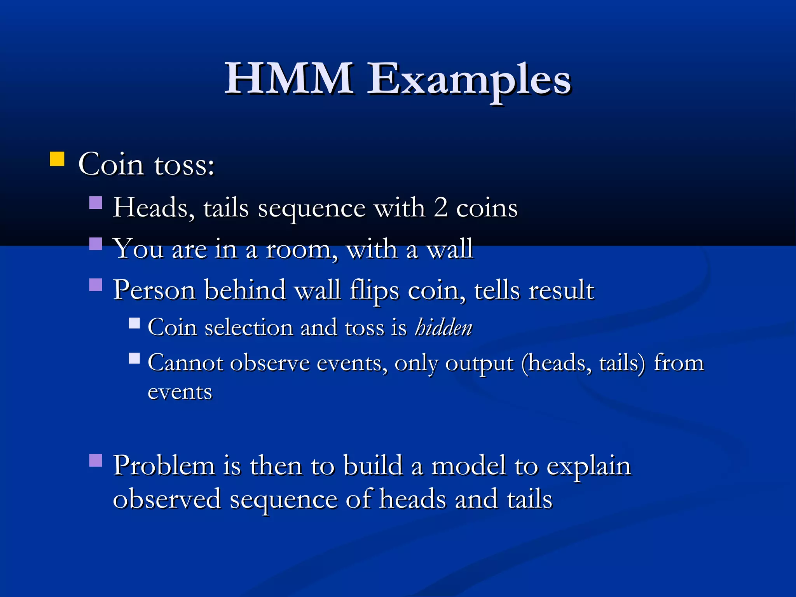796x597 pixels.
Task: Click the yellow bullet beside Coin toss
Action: (x=57, y=159)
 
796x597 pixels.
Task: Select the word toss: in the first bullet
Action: (x=184, y=165)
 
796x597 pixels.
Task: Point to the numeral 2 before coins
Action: (x=441, y=208)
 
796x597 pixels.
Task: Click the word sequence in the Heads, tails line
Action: (x=311, y=209)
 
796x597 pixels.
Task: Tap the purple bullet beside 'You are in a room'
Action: (x=96, y=244)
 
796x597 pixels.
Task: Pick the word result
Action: (x=561, y=290)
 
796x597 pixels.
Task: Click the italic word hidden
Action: (x=443, y=327)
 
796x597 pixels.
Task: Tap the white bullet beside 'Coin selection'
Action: (x=134, y=323)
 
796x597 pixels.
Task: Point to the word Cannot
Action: (x=186, y=363)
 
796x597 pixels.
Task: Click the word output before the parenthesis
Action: (x=479, y=365)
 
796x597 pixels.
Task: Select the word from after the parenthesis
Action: (x=678, y=363)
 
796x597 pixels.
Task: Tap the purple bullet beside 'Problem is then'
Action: (x=96, y=461)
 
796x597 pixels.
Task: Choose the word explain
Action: (x=588, y=467)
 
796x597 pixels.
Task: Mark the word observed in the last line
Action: (x=167, y=499)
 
